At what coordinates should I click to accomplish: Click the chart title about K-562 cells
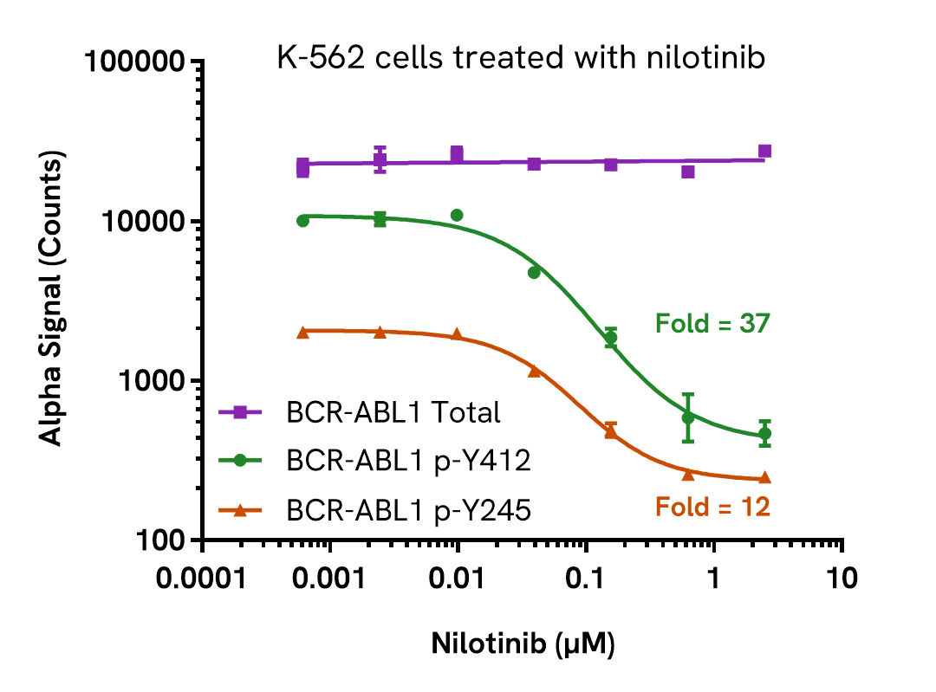tap(521, 59)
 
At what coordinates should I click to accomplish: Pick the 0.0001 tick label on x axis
tap(201, 578)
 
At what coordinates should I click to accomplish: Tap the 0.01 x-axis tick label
tap(458, 578)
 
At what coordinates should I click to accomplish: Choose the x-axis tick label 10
tap(841, 578)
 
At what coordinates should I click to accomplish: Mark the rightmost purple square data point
tap(764, 152)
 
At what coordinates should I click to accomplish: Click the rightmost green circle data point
tap(764, 434)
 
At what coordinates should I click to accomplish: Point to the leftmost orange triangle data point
tap(302, 333)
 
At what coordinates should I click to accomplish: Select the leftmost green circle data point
tap(302, 221)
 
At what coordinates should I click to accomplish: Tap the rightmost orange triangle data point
tap(764, 477)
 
